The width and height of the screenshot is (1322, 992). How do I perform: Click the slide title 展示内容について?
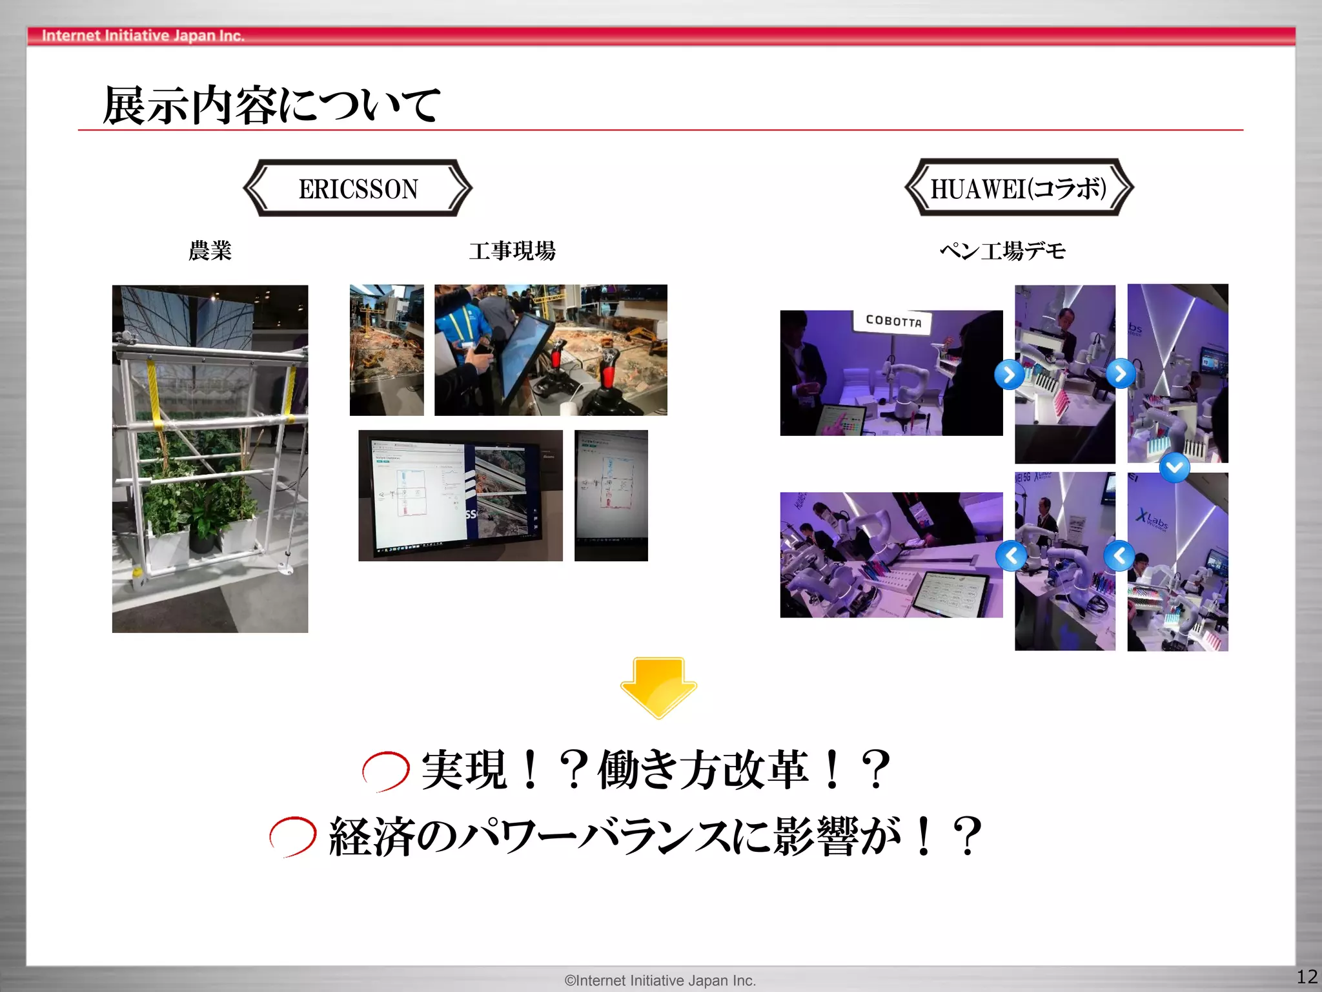[271, 105]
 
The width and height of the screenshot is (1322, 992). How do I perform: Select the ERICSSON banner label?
[358, 189]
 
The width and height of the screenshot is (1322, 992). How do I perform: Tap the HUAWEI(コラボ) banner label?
[1019, 189]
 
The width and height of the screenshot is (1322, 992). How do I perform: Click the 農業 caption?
[210, 251]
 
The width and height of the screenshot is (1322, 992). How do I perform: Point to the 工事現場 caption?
[512, 251]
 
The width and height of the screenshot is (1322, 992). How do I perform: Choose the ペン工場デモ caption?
[1002, 251]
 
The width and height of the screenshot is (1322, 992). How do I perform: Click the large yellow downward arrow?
[658, 687]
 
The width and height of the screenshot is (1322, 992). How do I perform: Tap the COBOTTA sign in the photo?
[893, 321]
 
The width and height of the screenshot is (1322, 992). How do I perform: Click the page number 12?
[1307, 976]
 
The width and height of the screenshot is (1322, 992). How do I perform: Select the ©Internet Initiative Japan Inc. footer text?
[660, 980]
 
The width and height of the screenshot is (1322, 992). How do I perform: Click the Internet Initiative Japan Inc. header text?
[143, 36]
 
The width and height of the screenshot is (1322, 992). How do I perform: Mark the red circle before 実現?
[385, 770]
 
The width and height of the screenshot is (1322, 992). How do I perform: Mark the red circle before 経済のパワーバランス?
[292, 836]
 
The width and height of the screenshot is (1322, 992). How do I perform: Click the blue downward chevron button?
[1174, 467]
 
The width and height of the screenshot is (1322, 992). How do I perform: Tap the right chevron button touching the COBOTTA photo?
[1008, 374]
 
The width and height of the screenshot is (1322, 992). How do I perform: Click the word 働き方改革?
[702, 770]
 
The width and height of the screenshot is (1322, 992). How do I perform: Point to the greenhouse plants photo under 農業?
[210, 459]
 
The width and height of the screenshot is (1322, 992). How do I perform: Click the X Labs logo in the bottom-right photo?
[1152, 519]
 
